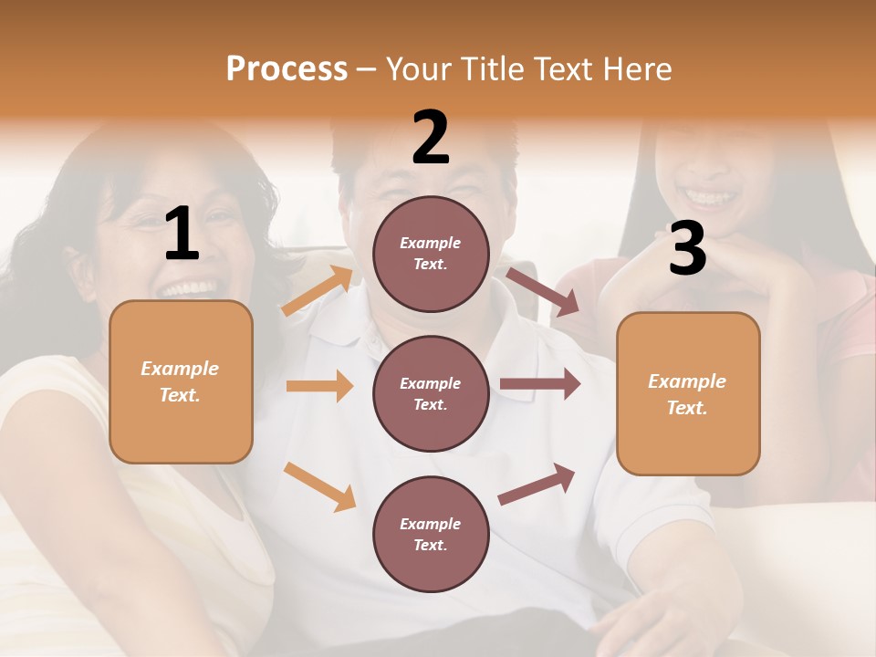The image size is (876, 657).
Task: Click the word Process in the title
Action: point(287,68)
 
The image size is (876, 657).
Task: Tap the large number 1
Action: point(182,235)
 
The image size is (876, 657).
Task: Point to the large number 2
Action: point(431,138)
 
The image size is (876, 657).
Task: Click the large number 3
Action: point(687,248)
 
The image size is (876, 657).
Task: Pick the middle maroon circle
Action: point(431,393)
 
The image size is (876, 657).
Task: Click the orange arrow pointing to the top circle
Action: point(318,290)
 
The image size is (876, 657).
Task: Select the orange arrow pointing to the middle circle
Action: point(319,386)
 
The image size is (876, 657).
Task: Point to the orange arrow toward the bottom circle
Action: point(320,486)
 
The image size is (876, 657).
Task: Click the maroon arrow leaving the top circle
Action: point(543,292)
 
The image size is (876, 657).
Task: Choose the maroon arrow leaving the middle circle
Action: point(540,384)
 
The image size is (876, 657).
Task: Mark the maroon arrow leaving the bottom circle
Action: point(537,485)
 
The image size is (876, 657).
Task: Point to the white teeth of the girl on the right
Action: point(709,196)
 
